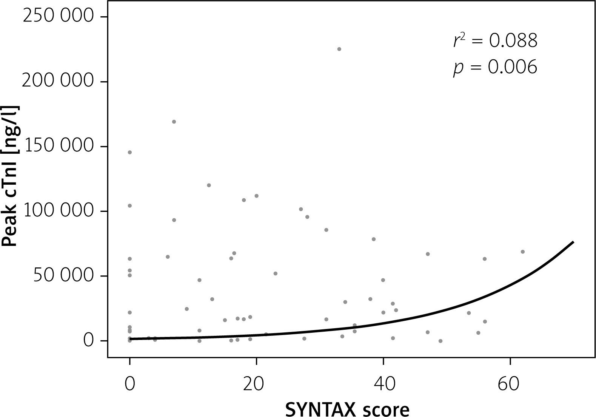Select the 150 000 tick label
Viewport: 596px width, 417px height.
[x=58, y=147]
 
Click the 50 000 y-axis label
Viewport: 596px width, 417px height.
[x=63, y=276]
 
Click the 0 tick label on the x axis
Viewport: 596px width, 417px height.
[x=130, y=383]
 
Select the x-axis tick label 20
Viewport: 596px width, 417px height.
[x=256, y=383]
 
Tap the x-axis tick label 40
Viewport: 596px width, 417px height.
[x=383, y=383]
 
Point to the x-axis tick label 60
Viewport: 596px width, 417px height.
[x=510, y=383]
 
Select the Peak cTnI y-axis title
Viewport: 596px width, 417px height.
[x=11, y=176]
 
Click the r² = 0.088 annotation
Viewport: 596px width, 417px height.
[x=495, y=40]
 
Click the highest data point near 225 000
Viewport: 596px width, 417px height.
[x=339, y=49]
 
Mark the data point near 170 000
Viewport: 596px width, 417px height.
[x=174, y=122]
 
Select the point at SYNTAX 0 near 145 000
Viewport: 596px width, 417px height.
[x=130, y=152]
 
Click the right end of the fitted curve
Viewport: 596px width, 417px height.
[x=573, y=242]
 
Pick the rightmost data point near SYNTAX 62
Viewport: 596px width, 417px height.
[x=523, y=252]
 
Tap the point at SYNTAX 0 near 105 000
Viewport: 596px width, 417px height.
[x=130, y=205]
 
